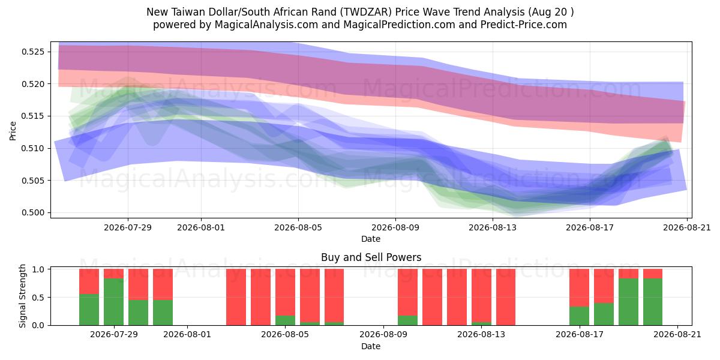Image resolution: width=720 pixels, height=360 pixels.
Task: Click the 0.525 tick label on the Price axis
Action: coord(32,52)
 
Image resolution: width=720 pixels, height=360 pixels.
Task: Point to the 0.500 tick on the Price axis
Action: coord(32,212)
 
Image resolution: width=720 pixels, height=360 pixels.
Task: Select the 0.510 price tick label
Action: coord(32,148)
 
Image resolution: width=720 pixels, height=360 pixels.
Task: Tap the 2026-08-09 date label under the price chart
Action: coord(395,227)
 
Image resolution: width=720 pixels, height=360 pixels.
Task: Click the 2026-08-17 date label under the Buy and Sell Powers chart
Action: coord(580,334)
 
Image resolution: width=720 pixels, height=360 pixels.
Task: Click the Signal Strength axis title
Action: coord(22,296)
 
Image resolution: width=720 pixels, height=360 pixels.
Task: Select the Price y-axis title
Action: coord(13,131)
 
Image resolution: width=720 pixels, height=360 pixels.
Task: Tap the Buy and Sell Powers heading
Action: coord(371,257)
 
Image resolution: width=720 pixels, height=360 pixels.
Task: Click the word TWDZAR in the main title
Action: coord(367,12)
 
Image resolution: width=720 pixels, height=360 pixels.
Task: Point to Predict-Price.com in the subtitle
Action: coord(524,25)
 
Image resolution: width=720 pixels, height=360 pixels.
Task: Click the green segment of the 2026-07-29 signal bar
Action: coord(113,302)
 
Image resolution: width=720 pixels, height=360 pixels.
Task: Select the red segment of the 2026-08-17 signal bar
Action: coord(579,287)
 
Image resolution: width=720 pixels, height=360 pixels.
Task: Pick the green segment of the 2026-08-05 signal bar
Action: coord(285,320)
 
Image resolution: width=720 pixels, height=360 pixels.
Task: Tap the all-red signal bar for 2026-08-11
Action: coord(432,297)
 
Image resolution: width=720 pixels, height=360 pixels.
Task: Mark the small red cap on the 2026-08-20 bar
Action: coord(653,274)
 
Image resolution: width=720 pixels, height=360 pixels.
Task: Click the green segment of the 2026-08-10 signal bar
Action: coord(407,320)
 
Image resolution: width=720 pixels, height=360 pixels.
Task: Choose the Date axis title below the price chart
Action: coord(371,239)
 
